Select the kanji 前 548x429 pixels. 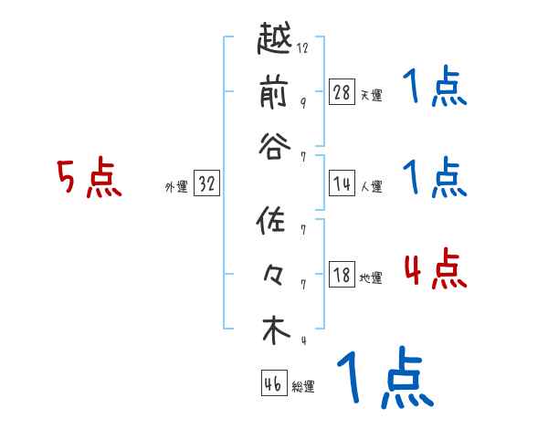(275, 93)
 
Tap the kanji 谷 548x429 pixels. (275, 146)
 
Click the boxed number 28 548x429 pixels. (342, 92)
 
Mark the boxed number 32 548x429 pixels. (206, 183)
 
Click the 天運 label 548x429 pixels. (372, 95)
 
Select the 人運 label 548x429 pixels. (372, 186)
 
